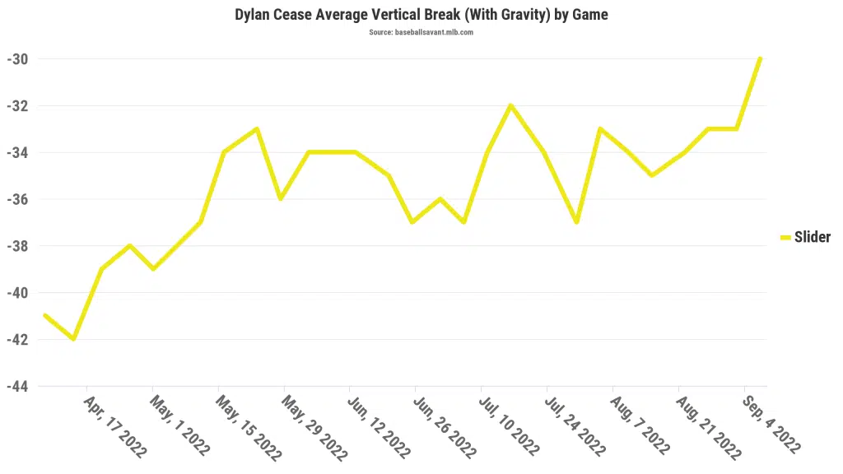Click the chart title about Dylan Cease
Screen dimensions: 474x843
coord(421,15)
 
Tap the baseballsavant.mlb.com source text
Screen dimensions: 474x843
coord(421,33)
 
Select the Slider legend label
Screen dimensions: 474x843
coord(812,238)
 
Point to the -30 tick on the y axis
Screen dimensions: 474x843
coord(18,59)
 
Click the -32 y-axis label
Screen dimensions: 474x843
coord(18,106)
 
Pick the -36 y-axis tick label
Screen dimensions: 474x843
coord(18,199)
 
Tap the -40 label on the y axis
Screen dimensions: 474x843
coord(18,293)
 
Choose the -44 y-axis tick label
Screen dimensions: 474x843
coord(18,386)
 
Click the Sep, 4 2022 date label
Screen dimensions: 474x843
coord(771,424)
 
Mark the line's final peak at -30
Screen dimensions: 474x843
coord(760,59)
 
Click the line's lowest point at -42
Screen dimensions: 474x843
coord(74,339)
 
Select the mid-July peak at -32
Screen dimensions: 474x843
coord(511,105)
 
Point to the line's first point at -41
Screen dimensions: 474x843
coord(44,315)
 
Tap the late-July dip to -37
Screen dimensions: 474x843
coord(577,222)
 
